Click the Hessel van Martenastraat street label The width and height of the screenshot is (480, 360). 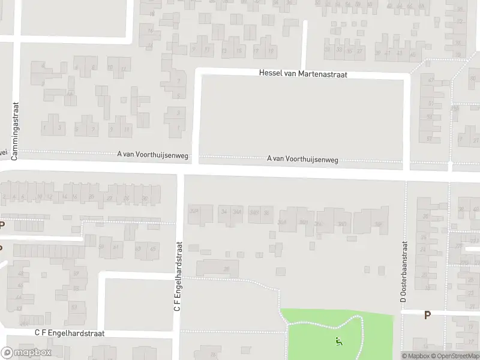pos(303,73)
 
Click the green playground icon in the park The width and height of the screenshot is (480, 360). pos(338,342)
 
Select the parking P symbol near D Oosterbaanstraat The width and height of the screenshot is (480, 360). pos(427,314)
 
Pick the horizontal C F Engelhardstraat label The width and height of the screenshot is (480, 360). pos(70,333)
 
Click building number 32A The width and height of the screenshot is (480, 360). pos(194,211)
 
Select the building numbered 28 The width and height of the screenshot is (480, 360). pos(226,268)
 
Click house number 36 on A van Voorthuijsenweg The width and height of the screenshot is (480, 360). pos(266,212)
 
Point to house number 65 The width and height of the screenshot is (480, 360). pos(154,247)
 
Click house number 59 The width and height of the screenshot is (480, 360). pos(101,247)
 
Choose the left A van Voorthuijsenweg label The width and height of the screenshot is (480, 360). pos(153,155)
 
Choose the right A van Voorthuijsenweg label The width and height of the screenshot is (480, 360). pos(302,159)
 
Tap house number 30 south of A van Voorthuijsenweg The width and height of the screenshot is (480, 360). pos(145,198)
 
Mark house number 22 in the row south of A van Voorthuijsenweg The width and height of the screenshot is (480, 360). pos(109,198)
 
